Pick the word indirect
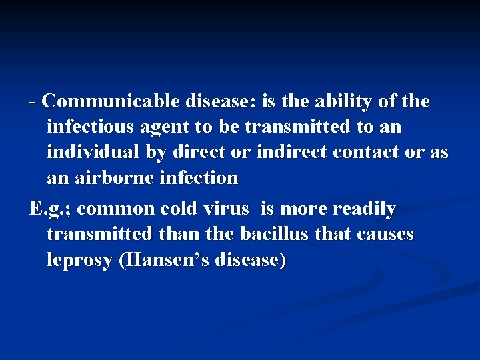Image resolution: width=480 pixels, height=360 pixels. (293, 153)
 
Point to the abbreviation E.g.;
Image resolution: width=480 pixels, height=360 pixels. (51, 209)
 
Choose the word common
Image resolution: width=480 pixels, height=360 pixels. (116, 209)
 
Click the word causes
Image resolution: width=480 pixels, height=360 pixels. (385, 234)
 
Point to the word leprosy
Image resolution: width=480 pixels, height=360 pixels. (79, 259)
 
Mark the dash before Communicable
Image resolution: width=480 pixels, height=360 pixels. (33, 102)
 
